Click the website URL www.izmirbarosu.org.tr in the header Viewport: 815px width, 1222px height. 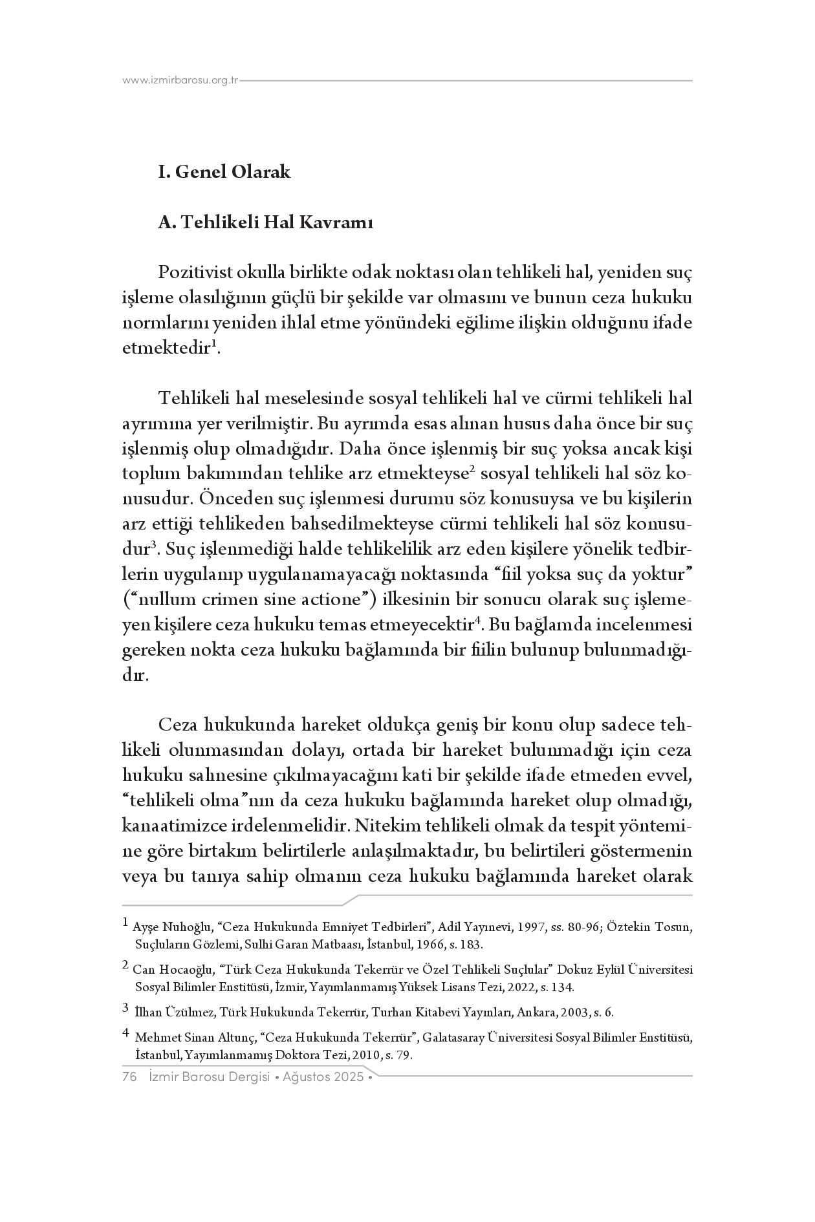[x=180, y=81]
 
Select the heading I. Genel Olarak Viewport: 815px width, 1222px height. [x=224, y=172]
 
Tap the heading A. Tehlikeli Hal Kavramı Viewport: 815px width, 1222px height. [x=265, y=222]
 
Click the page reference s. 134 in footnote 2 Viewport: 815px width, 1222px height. [x=556, y=987]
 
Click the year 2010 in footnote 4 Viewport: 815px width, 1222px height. [x=367, y=1055]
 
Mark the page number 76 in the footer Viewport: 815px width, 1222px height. [x=129, y=1077]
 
